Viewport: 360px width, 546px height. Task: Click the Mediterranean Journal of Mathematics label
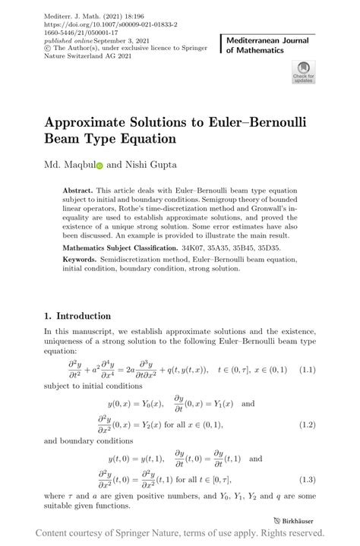coord(265,44)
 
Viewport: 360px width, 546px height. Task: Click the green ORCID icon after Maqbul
coord(99,165)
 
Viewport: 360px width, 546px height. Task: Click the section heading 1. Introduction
coord(77,316)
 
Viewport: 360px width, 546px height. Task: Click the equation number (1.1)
coord(306,370)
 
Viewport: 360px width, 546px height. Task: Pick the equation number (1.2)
coord(306,424)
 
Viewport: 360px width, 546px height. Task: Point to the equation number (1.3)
coord(306,479)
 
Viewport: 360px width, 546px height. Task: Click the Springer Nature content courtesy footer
coord(180,534)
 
